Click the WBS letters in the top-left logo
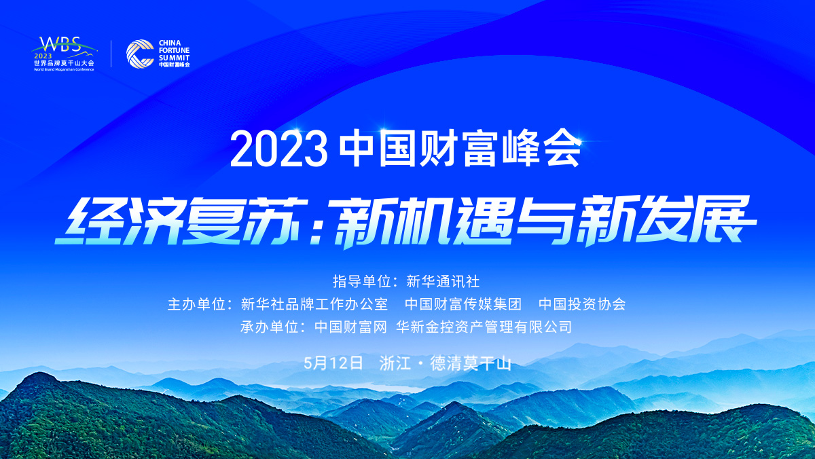[60, 45]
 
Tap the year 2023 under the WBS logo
[43, 56]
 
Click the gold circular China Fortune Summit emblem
[140, 54]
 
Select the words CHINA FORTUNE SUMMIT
[174, 50]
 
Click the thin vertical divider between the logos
[111, 54]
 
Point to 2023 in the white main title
[278, 150]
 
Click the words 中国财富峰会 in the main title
[460, 149]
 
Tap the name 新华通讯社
[443, 282]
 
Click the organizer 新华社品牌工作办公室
[314, 304]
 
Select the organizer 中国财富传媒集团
[463, 304]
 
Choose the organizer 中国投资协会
[582, 304]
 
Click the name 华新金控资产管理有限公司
[484, 327]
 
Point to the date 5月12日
[333, 363]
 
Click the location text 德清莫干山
[471, 363]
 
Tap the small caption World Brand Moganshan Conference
[64, 69]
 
